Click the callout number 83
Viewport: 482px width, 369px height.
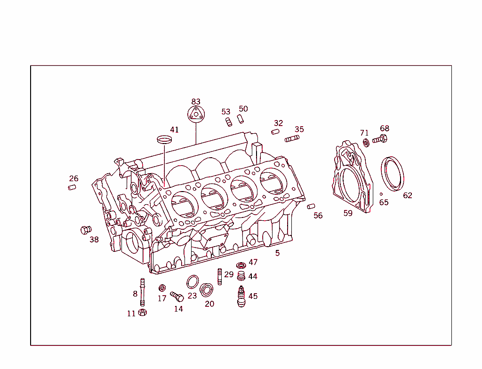(x=196, y=102)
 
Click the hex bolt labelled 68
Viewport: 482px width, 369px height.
(x=380, y=139)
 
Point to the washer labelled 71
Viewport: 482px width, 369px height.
(x=366, y=142)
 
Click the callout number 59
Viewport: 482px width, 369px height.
(x=348, y=213)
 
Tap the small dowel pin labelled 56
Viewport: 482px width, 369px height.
(x=311, y=206)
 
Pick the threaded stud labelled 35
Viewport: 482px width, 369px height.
(x=292, y=138)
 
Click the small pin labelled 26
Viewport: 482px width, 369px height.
(x=72, y=188)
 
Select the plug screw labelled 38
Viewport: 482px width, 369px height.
(x=86, y=230)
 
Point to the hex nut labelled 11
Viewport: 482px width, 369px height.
(x=143, y=313)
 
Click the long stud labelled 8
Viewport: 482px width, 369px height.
(x=142, y=292)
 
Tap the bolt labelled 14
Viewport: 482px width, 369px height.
(x=177, y=297)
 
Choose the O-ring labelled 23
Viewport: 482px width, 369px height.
(x=192, y=282)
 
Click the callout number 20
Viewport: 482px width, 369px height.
(x=209, y=304)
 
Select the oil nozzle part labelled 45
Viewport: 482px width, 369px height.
(x=241, y=297)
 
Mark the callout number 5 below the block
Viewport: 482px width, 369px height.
(x=278, y=253)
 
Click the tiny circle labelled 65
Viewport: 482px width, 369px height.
(x=381, y=194)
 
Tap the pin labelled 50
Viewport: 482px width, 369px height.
(x=240, y=118)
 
